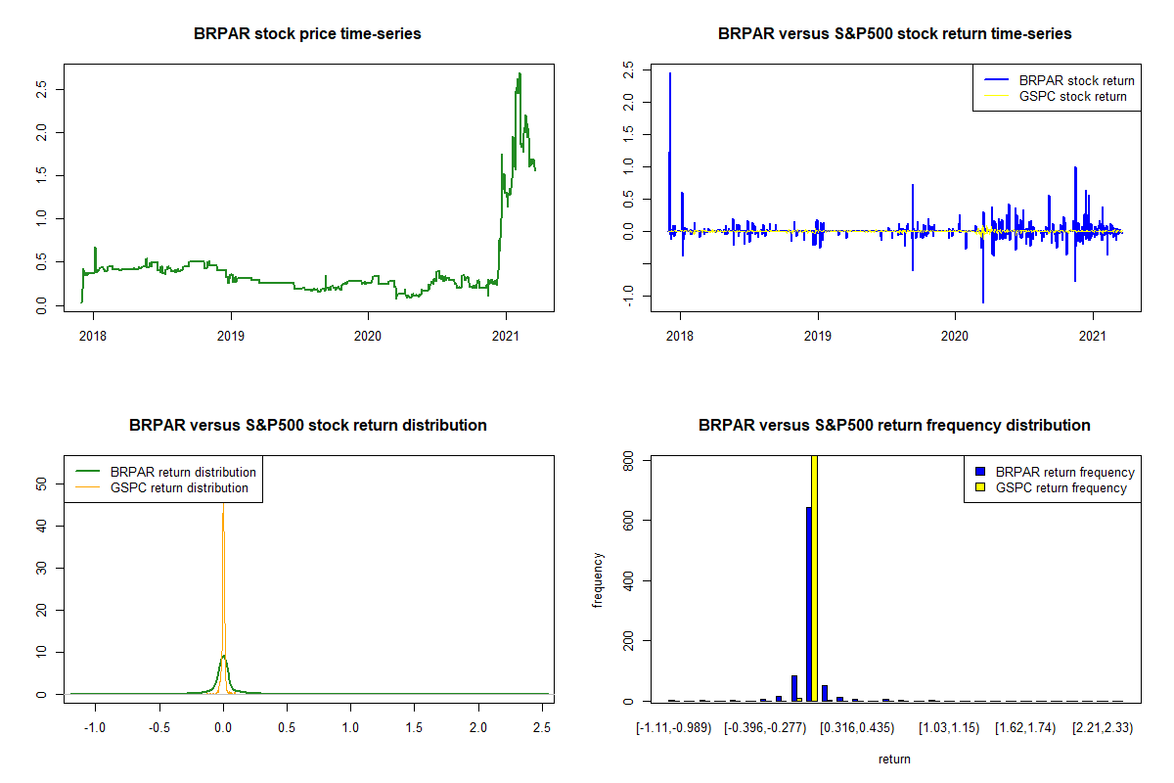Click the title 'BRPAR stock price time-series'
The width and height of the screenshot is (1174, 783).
click(x=308, y=34)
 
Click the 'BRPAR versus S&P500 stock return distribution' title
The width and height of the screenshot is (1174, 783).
click(x=308, y=426)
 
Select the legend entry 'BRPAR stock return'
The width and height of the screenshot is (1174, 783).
click(x=1076, y=80)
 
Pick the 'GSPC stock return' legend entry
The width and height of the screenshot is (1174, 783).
click(x=1072, y=96)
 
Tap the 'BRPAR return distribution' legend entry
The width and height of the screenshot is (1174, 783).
click(x=183, y=472)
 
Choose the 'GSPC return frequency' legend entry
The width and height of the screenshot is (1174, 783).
click(x=1061, y=487)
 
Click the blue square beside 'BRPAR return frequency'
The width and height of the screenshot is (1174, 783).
click(x=981, y=472)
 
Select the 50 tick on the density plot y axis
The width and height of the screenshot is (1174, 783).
click(x=41, y=484)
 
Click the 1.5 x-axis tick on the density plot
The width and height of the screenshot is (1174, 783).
click(x=414, y=727)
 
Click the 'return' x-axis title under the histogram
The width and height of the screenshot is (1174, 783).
click(x=894, y=759)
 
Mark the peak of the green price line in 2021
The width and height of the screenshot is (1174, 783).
click(x=519, y=73)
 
